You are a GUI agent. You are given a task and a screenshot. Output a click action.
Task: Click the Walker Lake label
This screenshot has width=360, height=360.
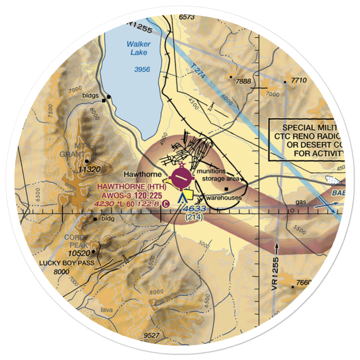139,48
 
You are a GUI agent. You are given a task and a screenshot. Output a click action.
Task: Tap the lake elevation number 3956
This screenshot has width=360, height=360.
142,69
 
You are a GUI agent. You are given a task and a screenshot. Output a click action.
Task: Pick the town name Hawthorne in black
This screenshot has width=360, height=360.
143,175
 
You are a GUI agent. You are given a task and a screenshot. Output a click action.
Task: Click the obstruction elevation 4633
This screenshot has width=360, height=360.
194,209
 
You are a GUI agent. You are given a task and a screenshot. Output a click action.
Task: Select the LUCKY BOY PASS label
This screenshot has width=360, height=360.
67,263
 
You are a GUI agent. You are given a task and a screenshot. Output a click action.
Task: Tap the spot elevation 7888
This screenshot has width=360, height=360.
243,81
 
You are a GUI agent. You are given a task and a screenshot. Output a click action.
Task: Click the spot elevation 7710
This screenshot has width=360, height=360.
298,81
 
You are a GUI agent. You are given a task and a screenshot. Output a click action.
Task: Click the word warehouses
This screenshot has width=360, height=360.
224,198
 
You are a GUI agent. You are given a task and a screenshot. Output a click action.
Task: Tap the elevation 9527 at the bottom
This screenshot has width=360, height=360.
151,336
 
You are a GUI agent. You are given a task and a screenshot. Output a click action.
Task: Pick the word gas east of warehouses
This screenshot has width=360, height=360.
301,202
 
